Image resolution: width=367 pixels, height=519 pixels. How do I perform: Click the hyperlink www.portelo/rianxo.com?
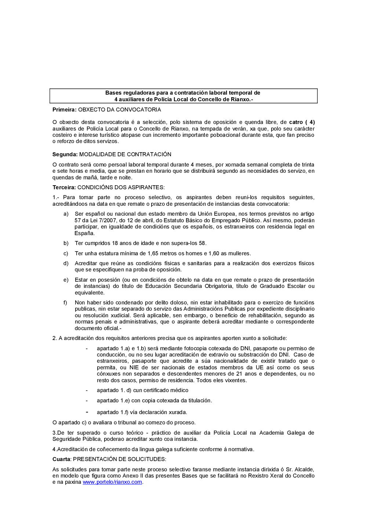click(112, 482)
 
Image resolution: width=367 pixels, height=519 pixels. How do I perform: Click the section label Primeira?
click(64, 110)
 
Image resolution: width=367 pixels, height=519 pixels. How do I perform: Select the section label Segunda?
click(65, 154)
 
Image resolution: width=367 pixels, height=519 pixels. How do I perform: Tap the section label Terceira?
click(64, 187)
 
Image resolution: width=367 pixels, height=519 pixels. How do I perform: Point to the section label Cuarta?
click(61, 459)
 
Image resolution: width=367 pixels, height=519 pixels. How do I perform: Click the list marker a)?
click(66, 214)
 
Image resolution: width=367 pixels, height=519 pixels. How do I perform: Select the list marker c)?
click(66, 253)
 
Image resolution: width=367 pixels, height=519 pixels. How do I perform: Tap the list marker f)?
click(65, 303)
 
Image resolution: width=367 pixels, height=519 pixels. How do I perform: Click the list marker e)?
click(66, 280)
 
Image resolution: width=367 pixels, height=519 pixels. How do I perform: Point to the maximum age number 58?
click(202, 243)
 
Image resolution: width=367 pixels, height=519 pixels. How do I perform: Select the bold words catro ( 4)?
click(302, 122)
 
